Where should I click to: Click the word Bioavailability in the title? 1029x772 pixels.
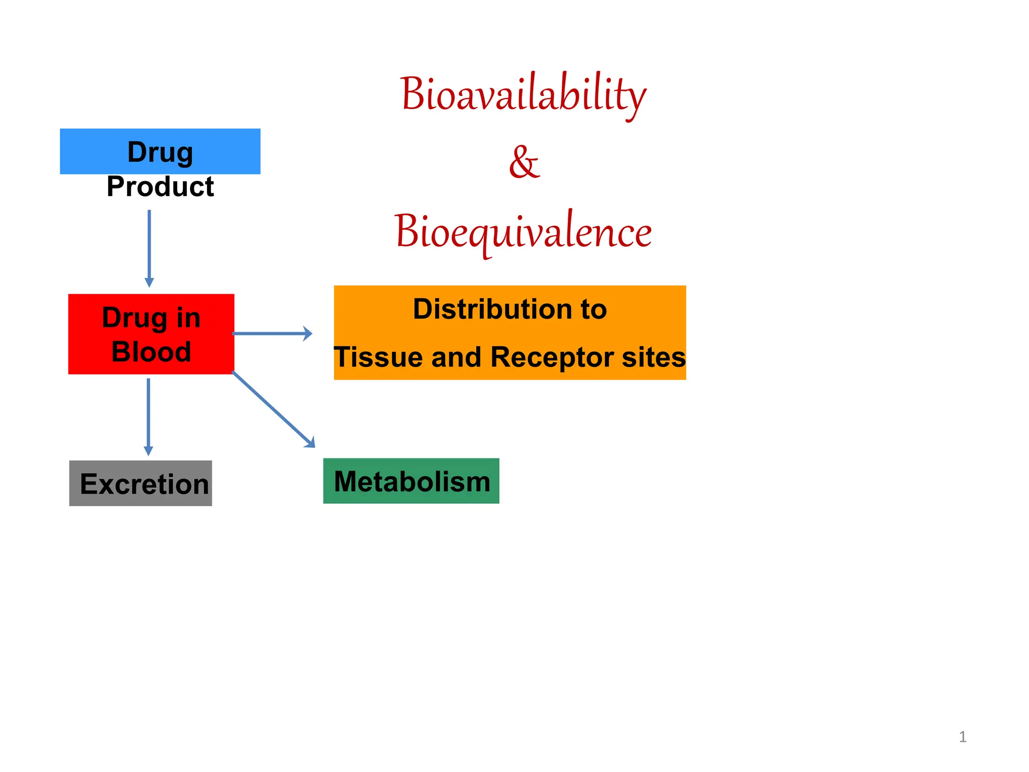[x=523, y=94]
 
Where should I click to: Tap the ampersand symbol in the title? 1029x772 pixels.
[x=524, y=162]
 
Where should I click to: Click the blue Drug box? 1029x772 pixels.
[x=160, y=151]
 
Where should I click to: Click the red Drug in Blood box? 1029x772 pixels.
[x=151, y=334]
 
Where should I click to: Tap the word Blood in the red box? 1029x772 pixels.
[x=151, y=351]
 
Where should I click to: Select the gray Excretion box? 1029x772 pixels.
[x=141, y=483]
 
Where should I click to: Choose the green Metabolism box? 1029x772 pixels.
[x=411, y=481]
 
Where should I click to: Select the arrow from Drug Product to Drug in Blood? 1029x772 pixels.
[x=149, y=246]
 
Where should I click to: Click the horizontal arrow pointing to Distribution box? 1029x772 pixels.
[x=271, y=333]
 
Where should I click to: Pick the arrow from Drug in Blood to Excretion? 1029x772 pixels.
[x=148, y=415]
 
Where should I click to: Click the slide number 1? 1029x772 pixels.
[x=962, y=737]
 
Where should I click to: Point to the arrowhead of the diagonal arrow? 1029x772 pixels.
[x=311, y=443]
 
